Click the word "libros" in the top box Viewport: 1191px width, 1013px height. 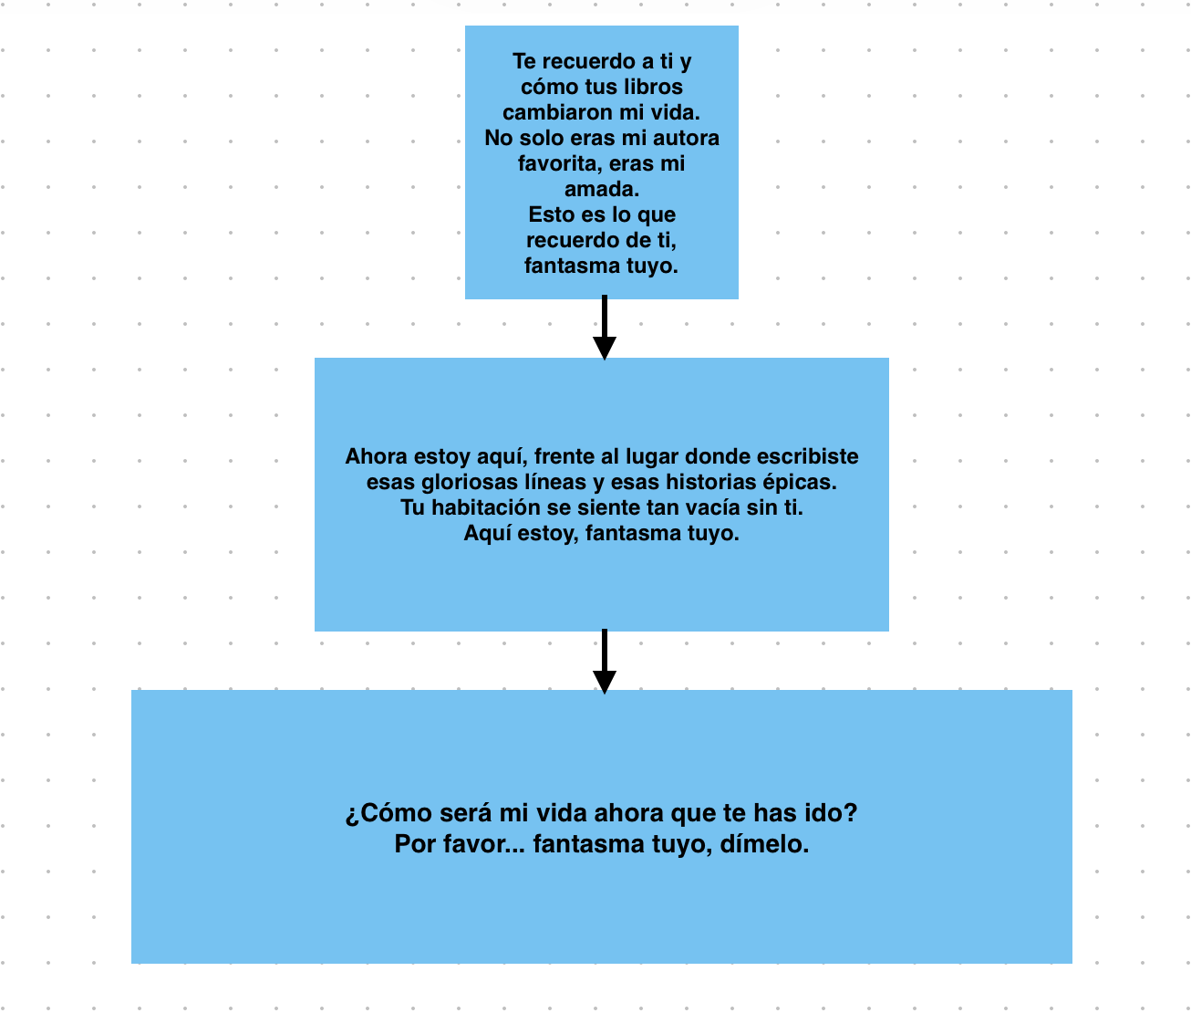coord(653,87)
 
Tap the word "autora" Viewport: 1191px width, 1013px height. coord(686,138)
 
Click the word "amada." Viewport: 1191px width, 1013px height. coord(602,189)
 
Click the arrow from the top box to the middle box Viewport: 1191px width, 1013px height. coord(605,328)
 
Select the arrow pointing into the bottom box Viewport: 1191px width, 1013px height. coord(605,662)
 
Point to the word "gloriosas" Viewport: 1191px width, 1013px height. coord(470,482)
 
